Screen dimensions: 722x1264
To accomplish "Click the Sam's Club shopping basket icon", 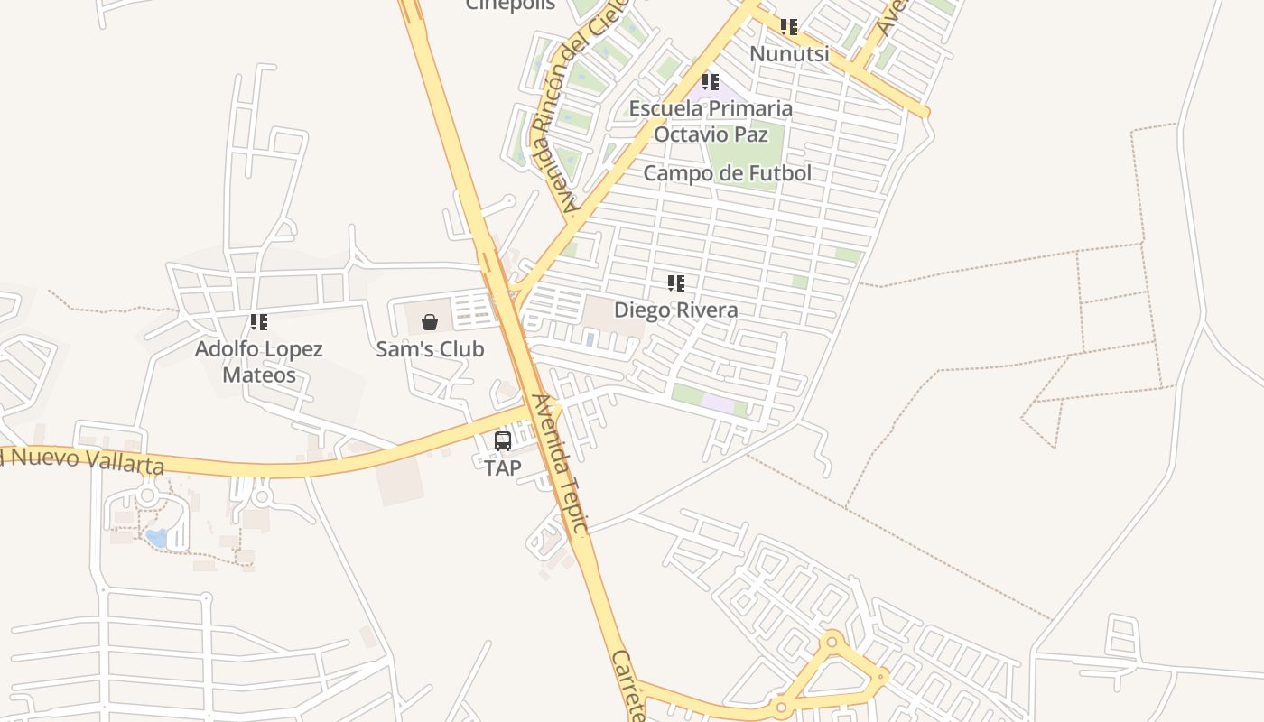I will [x=430, y=322].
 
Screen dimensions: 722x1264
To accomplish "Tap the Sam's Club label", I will [x=430, y=349].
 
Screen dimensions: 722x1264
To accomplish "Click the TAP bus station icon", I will [x=503, y=441].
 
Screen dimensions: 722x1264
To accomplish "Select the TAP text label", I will [x=503, y=467].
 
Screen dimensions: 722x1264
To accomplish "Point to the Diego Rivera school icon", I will [x=676, y=283].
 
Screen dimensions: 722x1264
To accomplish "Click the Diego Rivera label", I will [x=676, y=310].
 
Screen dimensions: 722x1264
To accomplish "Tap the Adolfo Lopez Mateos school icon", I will [x=259, y=322].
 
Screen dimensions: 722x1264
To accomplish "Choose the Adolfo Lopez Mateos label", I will [x=259, y=361].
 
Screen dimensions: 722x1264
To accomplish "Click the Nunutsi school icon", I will [x=789, y=27].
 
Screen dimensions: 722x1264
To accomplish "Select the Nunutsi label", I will [x=789, y=54].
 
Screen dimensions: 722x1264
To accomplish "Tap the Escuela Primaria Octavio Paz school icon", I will [x=711, y=82].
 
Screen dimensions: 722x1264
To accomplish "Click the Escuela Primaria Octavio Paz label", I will [x=711, y=121].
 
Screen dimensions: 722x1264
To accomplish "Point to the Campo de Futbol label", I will [x=727, y=173].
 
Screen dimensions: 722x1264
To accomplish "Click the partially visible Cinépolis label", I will [x=510, y=5].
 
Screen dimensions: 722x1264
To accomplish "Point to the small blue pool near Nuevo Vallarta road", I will [x=157, y=538].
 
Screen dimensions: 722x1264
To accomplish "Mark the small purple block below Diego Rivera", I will [x=718, y=403].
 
